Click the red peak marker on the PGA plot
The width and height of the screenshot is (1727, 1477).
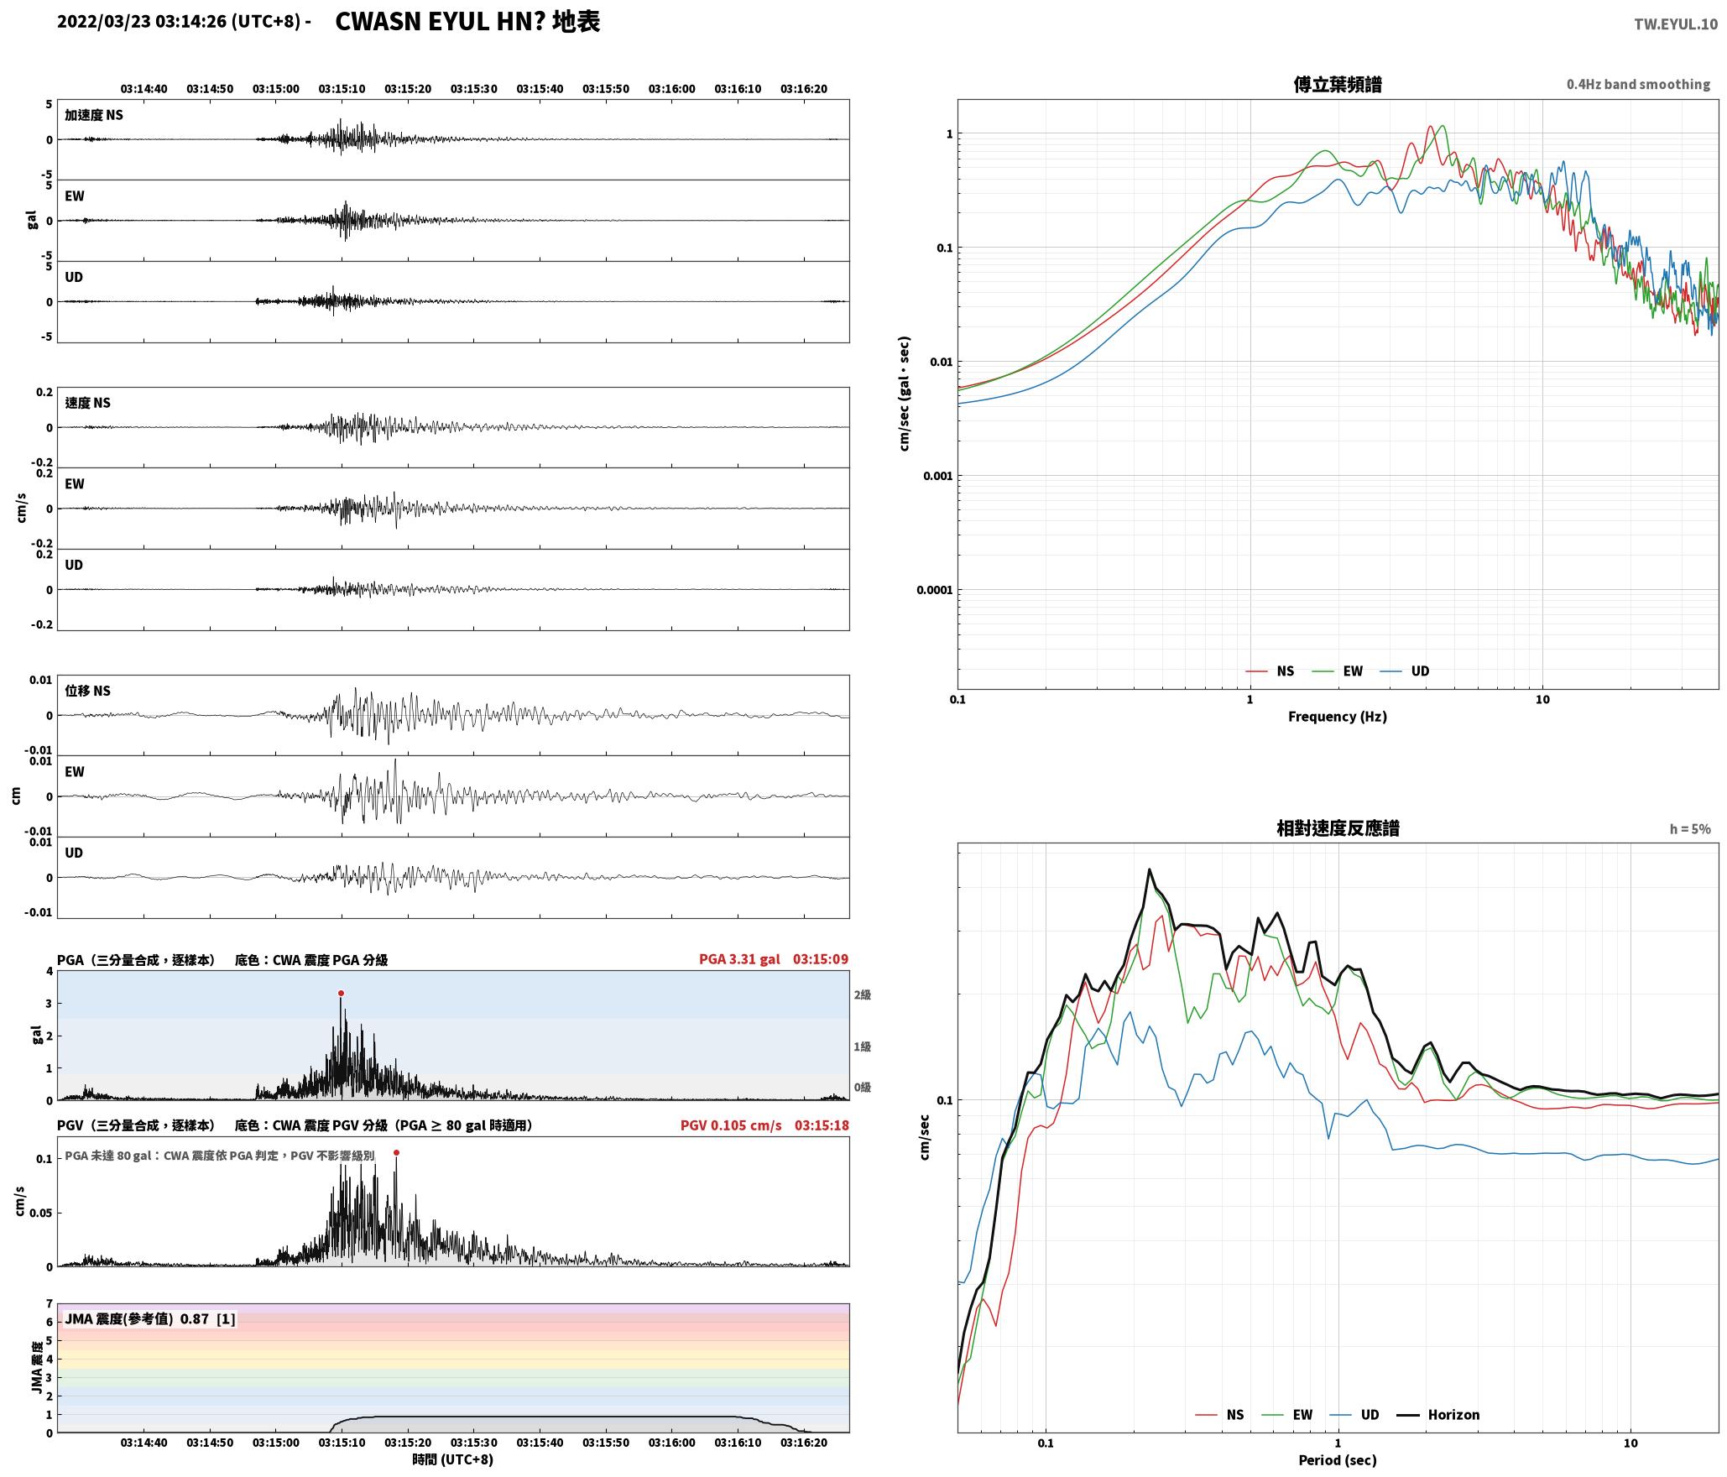[341, 993]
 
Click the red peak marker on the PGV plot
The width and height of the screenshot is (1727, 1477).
[396, 1152]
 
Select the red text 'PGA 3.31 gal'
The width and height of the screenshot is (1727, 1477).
[739, 959]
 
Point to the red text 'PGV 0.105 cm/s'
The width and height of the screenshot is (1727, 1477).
[731, 1125]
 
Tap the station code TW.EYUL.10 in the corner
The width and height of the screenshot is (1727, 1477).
[1676, 24]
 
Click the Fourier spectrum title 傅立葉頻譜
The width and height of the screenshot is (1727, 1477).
[1338, 84]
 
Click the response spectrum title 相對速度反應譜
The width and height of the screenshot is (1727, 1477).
[1338, 828]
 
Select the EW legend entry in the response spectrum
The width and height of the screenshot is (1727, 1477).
[1287, 1415]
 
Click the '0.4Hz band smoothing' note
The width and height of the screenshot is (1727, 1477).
[1638, 85]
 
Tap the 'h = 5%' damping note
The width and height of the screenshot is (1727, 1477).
[1690, 829]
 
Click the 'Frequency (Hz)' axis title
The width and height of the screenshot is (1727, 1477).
[1338, 717]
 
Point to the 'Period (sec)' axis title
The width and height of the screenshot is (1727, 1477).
[1338, 1460]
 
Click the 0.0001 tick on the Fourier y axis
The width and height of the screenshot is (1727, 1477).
[933, 590]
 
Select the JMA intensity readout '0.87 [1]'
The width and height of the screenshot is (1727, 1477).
[208, 1319]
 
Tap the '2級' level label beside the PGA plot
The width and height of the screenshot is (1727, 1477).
[863, 995]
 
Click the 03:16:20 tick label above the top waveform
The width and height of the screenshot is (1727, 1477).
[804, 89]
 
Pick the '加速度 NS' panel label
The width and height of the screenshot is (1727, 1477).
[94, 115]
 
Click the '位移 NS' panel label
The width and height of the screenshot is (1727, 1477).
[88, 691]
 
